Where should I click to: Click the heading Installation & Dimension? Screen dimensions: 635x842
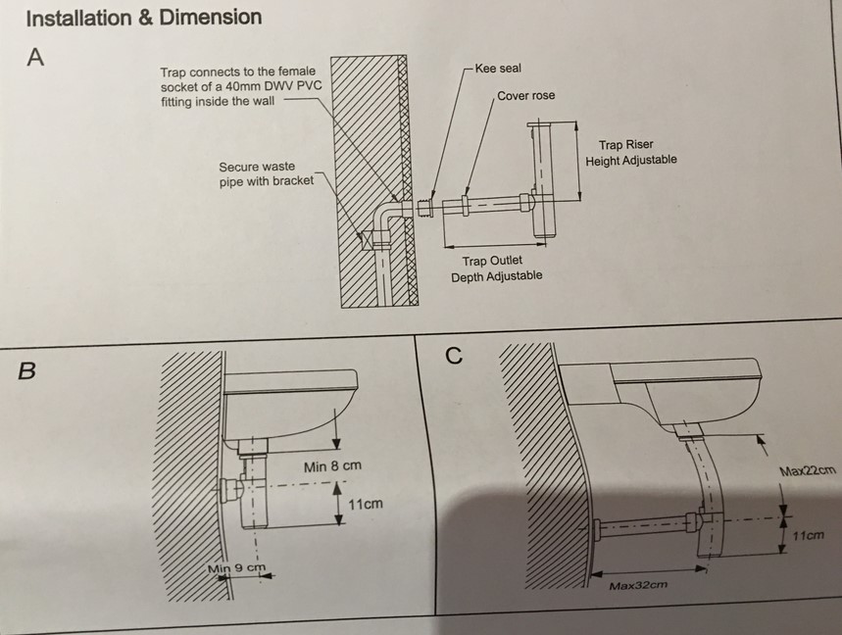point(143,18)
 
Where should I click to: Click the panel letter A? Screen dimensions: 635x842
point(35,58)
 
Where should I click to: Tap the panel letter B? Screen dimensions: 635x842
point(27,371)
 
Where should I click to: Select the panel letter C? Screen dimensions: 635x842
point(453,356)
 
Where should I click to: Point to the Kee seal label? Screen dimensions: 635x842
point(498,69)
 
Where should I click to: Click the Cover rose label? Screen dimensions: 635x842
point(526,96)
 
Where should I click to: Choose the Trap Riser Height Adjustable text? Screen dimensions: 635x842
point(631,153)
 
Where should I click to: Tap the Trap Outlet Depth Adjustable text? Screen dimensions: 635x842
point(496,269)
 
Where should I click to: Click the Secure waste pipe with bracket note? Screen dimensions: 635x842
point(267,173)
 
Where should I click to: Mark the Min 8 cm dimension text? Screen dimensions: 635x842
point(332,465)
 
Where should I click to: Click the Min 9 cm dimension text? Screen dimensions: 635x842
point(236,567)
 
